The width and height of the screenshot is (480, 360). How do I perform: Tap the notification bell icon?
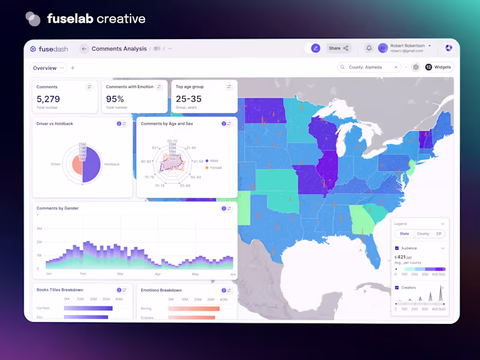click(x=369, y=48)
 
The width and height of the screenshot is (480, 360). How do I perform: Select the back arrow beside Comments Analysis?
click(x=84, y=49)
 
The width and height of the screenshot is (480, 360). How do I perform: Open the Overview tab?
click(x=45, y=68)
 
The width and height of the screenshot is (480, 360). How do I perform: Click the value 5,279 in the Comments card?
click(x=48, y=99)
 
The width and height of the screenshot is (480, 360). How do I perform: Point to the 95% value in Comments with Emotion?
click(x=115, y=99)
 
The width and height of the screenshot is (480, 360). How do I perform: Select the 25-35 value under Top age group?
click(x=188, y=99)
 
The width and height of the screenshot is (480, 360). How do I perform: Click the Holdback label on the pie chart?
click(x=112, y=164)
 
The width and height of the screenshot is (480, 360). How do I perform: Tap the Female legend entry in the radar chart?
click(x=215, y=168)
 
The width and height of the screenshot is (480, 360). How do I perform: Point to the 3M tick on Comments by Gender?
click(x=39, y=229)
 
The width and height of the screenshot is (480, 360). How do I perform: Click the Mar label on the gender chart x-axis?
click(x=120, y=274)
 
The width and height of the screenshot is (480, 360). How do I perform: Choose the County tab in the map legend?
click(x=423, y=233)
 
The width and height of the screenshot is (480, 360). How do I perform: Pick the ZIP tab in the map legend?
click(x=439, y=233)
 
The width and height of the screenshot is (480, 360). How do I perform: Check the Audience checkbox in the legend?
click(x=397, y=248)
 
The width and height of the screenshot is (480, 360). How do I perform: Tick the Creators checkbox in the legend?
click(x=397, y=287)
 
